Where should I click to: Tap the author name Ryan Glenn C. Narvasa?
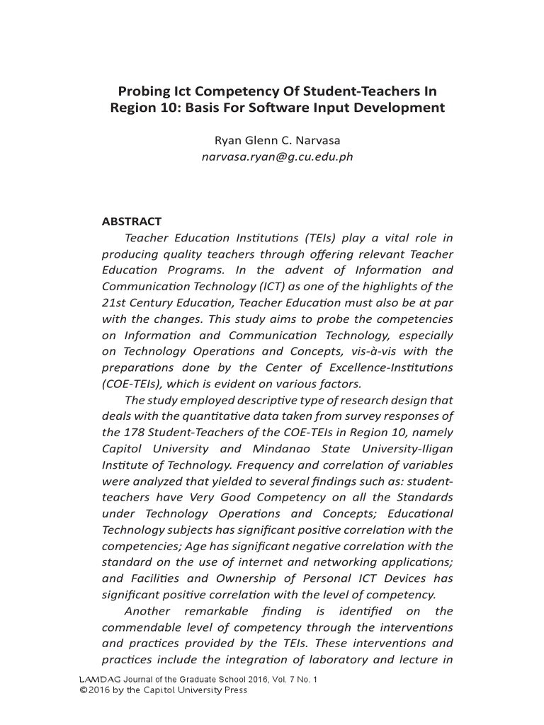pos(272,141)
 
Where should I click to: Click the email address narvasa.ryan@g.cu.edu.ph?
pos(272,157)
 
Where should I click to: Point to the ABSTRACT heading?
pos(132,222)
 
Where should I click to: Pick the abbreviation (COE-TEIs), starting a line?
pos(132,384)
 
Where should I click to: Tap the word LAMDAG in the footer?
pos(100,680)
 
